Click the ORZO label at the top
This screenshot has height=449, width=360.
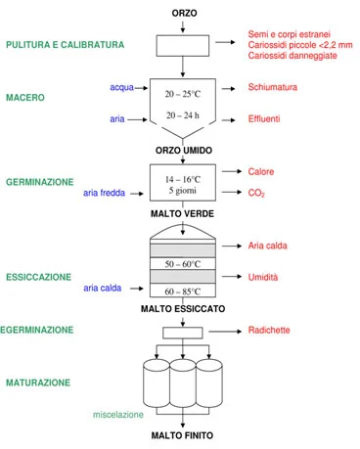184,13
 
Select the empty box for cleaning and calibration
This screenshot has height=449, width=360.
183,46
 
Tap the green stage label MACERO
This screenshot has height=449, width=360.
25,98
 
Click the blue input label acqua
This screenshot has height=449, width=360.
121,87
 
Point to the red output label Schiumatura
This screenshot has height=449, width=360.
273,87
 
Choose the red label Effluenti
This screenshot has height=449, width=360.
264,118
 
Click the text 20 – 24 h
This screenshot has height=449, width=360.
183,115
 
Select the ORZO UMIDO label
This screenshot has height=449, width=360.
184,151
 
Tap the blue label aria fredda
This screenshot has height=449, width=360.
104,193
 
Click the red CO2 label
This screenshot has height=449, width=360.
256,193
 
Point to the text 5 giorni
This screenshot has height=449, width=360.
183,191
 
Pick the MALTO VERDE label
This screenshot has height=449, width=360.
182,214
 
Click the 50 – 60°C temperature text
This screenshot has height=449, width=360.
183,264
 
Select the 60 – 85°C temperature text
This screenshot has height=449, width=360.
183,292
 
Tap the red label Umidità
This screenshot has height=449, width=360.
263,277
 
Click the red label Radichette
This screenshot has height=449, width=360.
269,330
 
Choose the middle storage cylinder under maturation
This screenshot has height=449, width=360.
183,383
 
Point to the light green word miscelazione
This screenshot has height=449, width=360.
118,415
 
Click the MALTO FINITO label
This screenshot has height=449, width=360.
182,435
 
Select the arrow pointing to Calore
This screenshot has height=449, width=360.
232,171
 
